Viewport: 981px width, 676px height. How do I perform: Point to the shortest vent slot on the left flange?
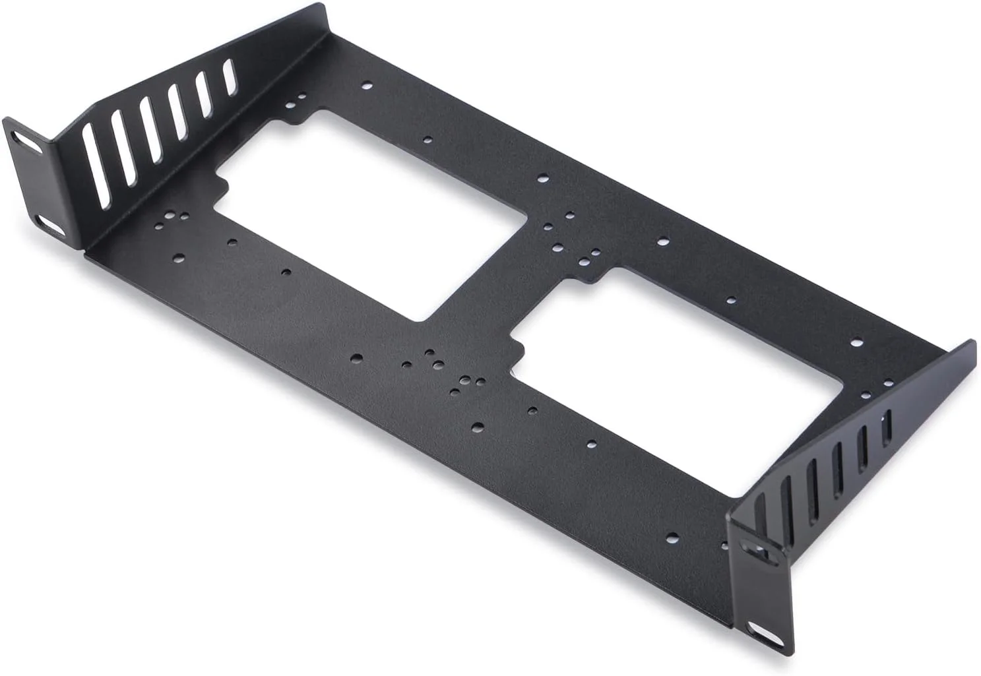(229, 77)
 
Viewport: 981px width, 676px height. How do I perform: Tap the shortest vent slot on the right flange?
(886, 428)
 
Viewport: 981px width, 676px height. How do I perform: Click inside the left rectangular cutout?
(369, 211)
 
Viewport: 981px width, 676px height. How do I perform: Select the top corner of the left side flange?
(323, 7)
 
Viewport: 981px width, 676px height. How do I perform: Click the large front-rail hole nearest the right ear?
(672, 536)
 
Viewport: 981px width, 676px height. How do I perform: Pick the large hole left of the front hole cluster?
(356, 358)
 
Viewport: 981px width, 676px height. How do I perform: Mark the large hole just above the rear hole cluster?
(543, 177)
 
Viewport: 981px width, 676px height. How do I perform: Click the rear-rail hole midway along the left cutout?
(427, 139)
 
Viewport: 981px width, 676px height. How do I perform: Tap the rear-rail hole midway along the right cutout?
(730, 301)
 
